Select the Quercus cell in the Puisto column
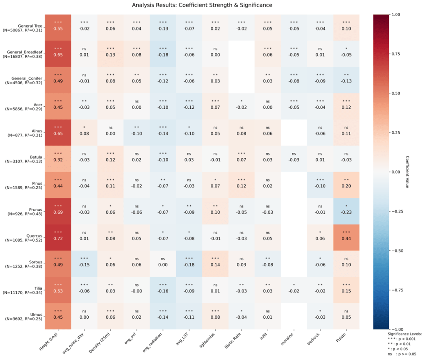(346, 237)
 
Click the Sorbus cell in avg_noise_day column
(85, 263)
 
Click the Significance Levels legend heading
(405, 334)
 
